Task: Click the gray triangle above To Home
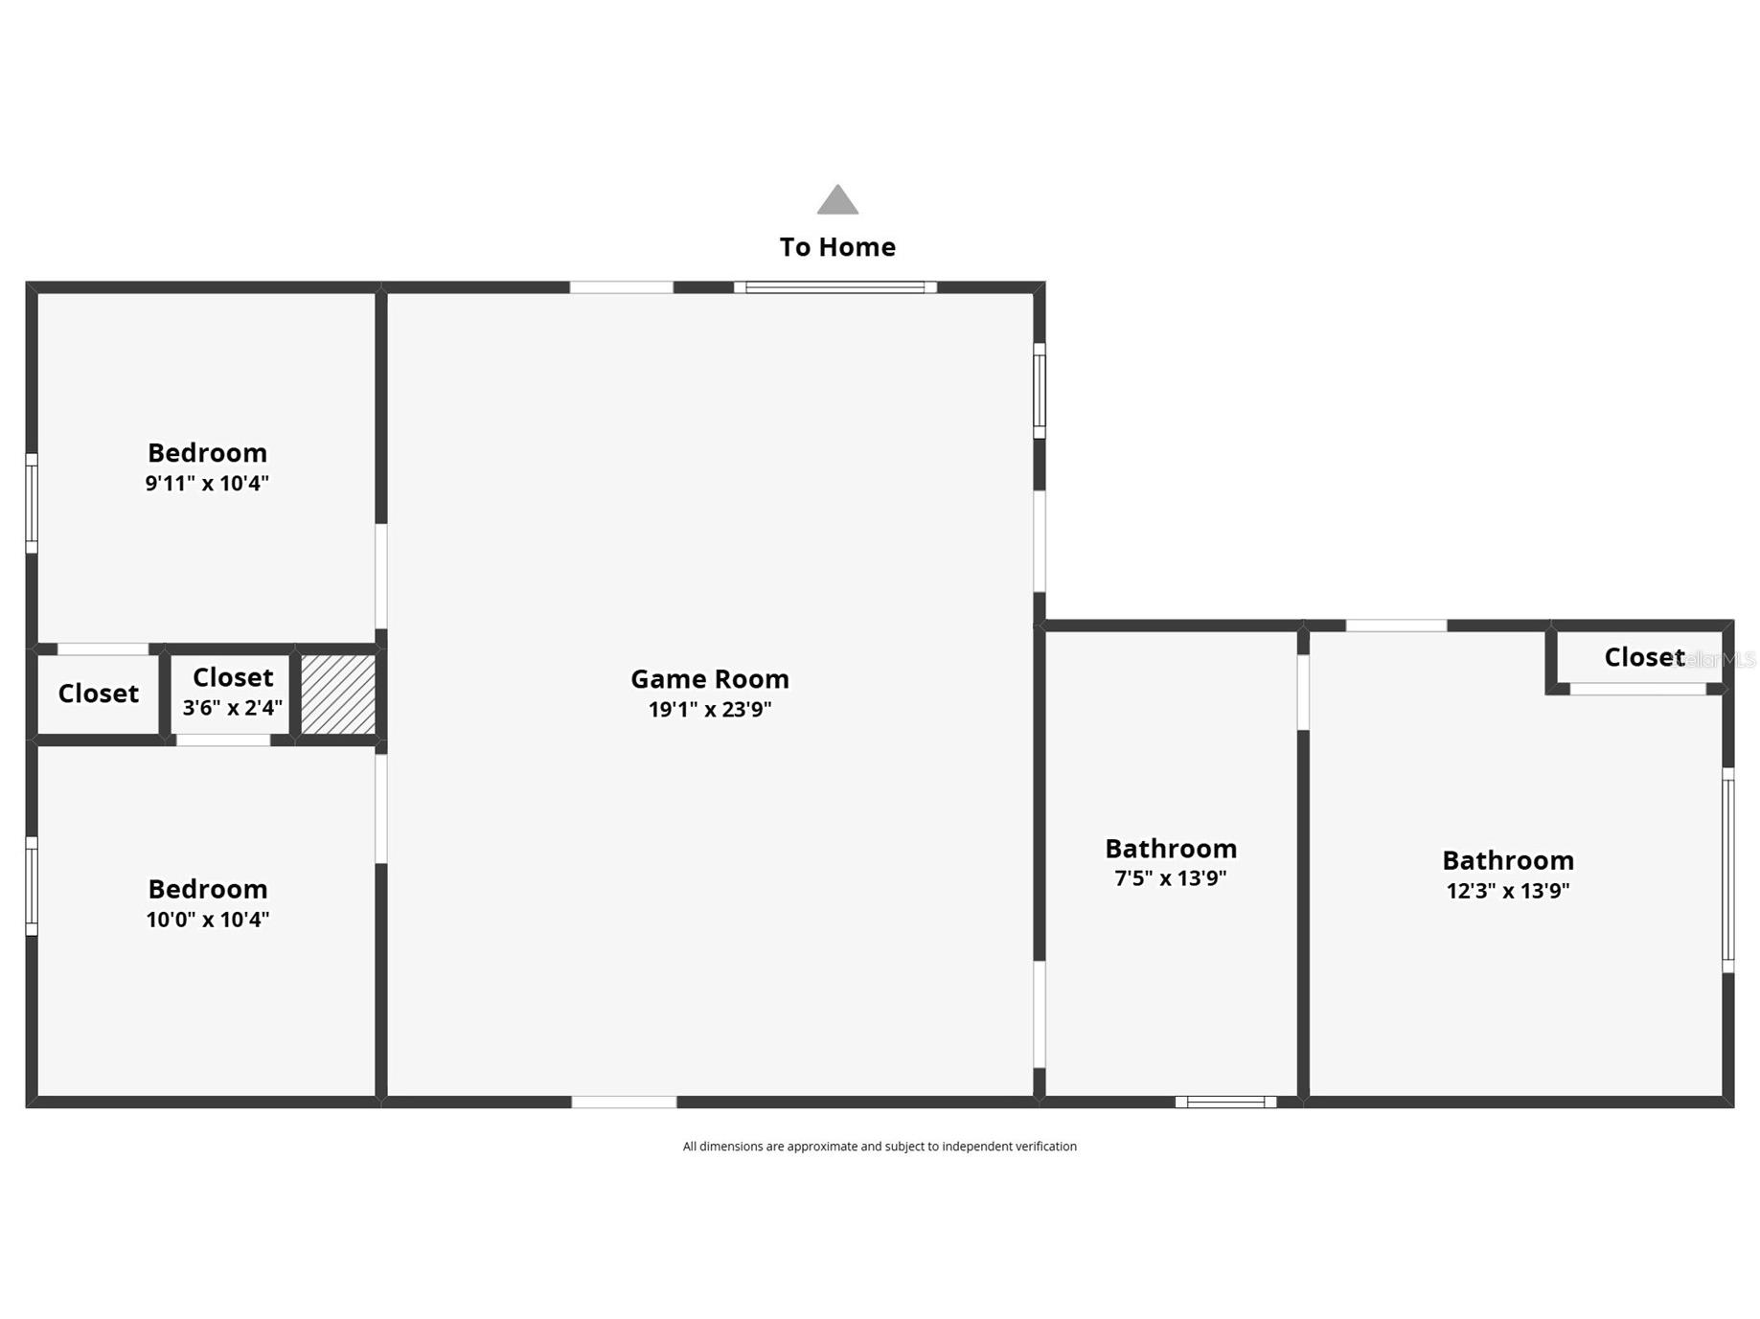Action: point(837,201)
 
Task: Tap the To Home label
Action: point(837,247)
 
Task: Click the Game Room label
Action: point(709,679)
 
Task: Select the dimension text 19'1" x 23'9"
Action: point(709,710)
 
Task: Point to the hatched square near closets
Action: point(338,694)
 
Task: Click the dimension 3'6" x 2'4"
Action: point(232,708)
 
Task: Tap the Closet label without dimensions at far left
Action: point(98,694)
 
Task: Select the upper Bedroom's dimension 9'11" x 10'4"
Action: point(207,483)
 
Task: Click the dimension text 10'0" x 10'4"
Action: point(207,920)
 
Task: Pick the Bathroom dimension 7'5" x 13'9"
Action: point(1170,878)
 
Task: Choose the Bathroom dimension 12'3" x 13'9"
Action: point(1507,891)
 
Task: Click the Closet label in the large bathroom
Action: point(1643,657)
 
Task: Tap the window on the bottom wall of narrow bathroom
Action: point(1225,1102)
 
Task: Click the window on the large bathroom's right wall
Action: point(1727,870)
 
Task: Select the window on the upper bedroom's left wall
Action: point(32,504)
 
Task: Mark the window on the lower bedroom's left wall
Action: point(32,886)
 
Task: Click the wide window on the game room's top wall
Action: point(834,287)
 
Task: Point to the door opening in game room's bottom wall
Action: point(624,1102)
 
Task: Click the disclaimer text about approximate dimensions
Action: point(879,1147)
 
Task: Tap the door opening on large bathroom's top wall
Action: point(1396,625)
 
